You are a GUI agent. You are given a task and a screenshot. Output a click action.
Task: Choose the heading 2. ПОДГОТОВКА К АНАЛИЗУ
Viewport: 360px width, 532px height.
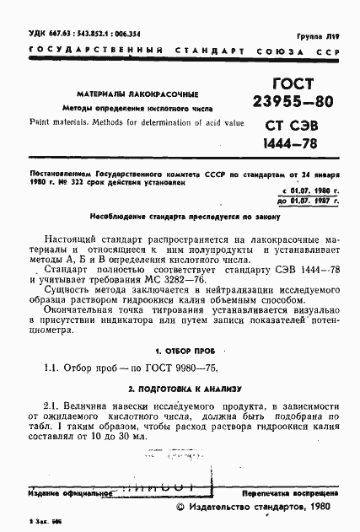180,390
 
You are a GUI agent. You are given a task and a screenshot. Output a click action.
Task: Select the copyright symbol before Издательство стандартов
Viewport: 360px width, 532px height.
179,508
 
